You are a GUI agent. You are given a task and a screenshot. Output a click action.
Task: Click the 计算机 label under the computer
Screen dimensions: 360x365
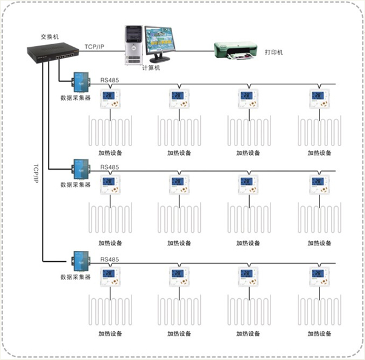[x=150, y=68]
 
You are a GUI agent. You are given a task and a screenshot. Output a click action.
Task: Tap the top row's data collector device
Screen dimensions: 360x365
[x=79, y=82]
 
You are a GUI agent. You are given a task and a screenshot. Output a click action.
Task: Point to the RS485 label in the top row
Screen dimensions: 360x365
[x=109, y=78]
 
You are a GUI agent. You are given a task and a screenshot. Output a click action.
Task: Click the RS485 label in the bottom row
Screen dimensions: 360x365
[x=109, y=260]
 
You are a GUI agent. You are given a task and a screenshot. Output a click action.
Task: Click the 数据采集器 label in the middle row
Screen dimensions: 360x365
[x=75, y=184]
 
